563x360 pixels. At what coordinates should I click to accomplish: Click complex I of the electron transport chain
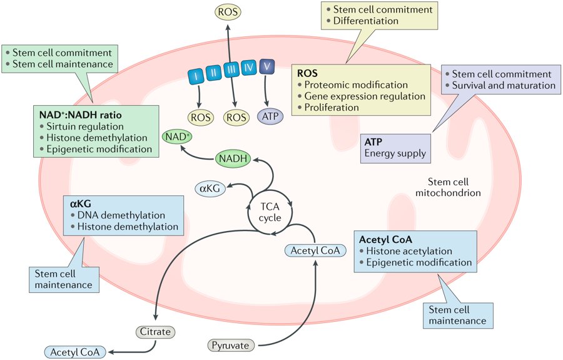[198, 75]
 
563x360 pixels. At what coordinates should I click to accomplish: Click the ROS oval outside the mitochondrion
[228, 11]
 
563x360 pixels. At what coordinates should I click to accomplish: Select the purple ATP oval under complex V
[270, 116]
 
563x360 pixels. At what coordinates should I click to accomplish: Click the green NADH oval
[233, 160]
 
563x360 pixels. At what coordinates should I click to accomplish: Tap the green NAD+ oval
[176, 136]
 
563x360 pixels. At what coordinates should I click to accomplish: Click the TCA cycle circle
[271, 211]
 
